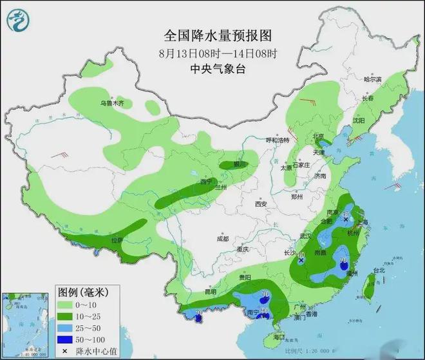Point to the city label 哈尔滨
(372, 79)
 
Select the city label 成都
(222, 238)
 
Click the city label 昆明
(211, 292)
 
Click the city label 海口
(278, 337)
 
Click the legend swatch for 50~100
(65, 339)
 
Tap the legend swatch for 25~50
(65, 328)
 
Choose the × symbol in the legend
(65, 351)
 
